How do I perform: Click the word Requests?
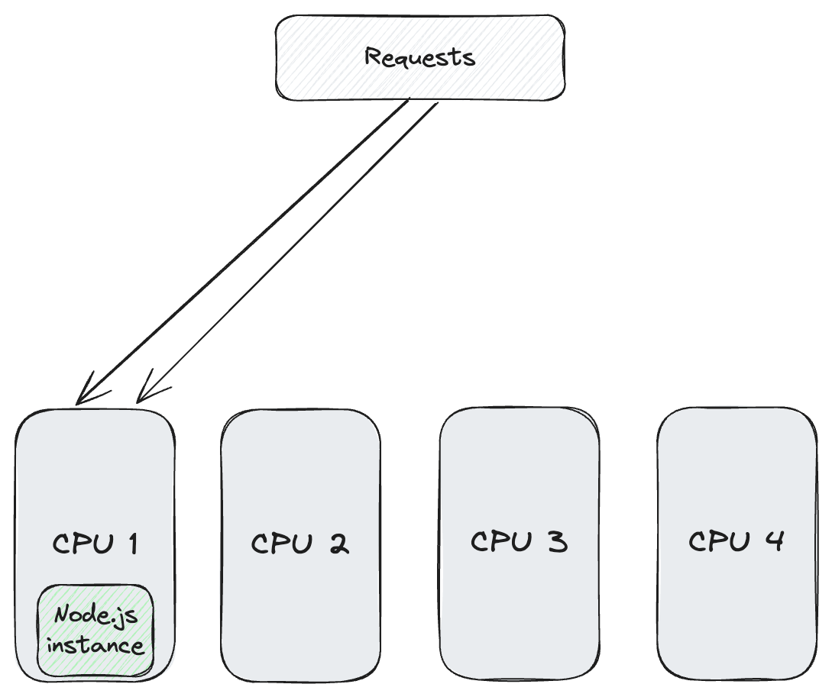[419, 58]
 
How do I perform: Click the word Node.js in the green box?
[96, 615]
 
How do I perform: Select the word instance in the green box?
[96, 646]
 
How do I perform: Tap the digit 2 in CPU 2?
[338, 544]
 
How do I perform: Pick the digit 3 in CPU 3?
[557, 541]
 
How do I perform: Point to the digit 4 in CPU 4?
[773, 541]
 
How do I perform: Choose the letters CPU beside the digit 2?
[282, 544]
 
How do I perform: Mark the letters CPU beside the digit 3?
[500, 541]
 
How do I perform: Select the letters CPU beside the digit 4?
[719, 541]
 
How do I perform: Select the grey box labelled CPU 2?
[301, 611]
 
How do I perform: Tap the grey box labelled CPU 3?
[519, 611]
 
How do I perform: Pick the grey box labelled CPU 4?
[736, 611]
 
